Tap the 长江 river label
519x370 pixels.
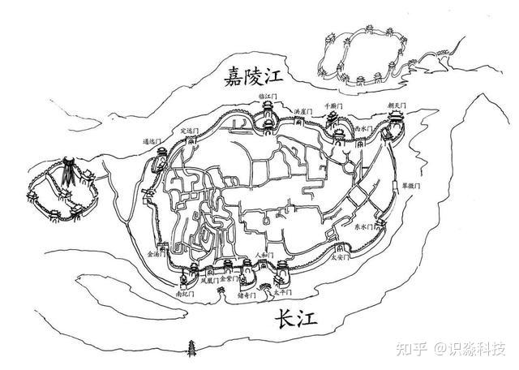(x=294, y=320)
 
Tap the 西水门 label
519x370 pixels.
(x=364, y=128)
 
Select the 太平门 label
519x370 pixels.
(x=279, y=294)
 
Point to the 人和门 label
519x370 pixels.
(x=264, y=255)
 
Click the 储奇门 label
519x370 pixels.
(x=247, y=296)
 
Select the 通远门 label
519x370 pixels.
(x=152, y=141)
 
